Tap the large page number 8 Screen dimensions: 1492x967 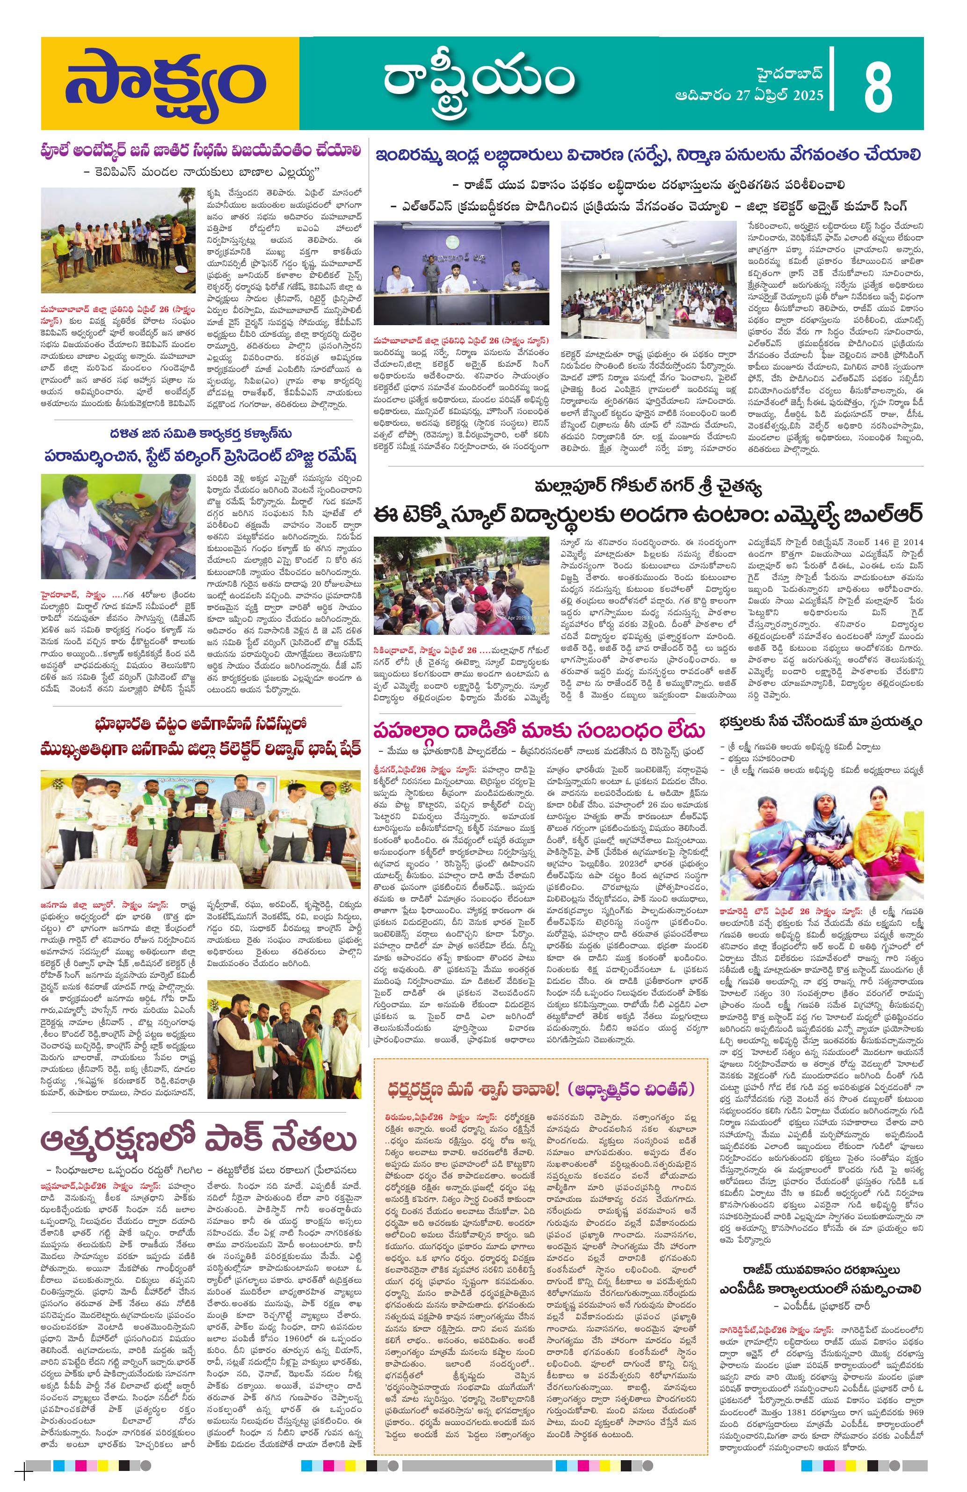tap(877, 84)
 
